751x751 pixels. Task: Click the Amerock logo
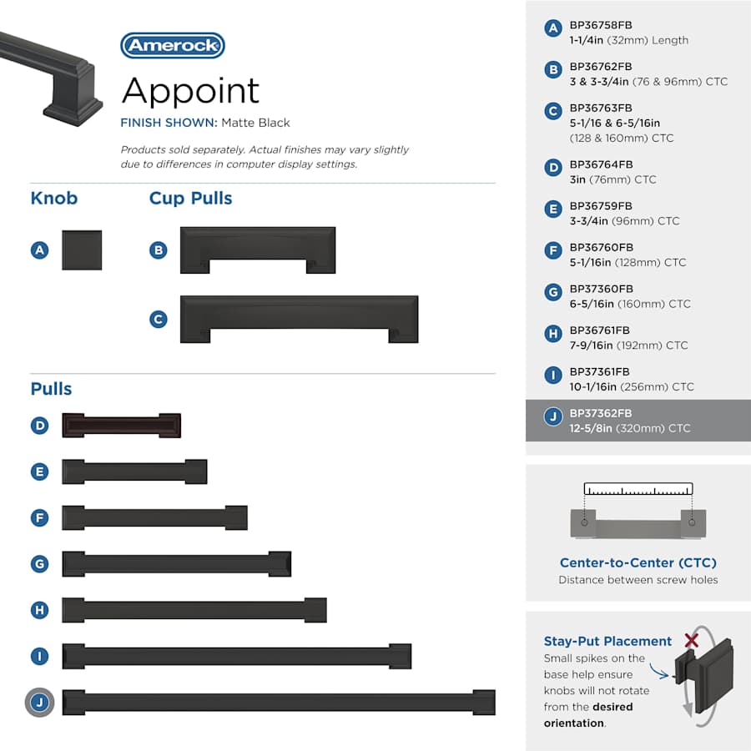tap(173, 46)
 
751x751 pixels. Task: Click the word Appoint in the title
tap(190, 91)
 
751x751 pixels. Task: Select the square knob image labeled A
tap(82, 250)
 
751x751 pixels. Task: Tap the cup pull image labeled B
tap(258, 250)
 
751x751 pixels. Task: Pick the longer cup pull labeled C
tap(299, 319)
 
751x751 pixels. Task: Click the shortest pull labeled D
tap(121, 426)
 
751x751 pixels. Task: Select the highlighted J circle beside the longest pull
tap(40, 703)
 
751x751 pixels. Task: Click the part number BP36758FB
tap(601, 25)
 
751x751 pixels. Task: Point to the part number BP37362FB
tap(601, 413)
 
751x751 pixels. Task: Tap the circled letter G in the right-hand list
tap(553, 292)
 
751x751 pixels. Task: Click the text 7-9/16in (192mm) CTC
tap(628, 345)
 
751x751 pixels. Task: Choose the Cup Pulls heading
tap(190, 199)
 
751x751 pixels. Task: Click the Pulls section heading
tap(51, 388)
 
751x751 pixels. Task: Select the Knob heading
tap(54, 199)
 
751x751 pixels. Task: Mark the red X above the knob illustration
tap(691, 640)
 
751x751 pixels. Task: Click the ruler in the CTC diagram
tap(638, 489)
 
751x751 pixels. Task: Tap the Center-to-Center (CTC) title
tap(638, 562)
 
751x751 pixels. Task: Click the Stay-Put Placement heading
tap(607, 642)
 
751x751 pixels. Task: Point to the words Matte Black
tap(256, 123)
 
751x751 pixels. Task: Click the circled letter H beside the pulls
tap(40, 610)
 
